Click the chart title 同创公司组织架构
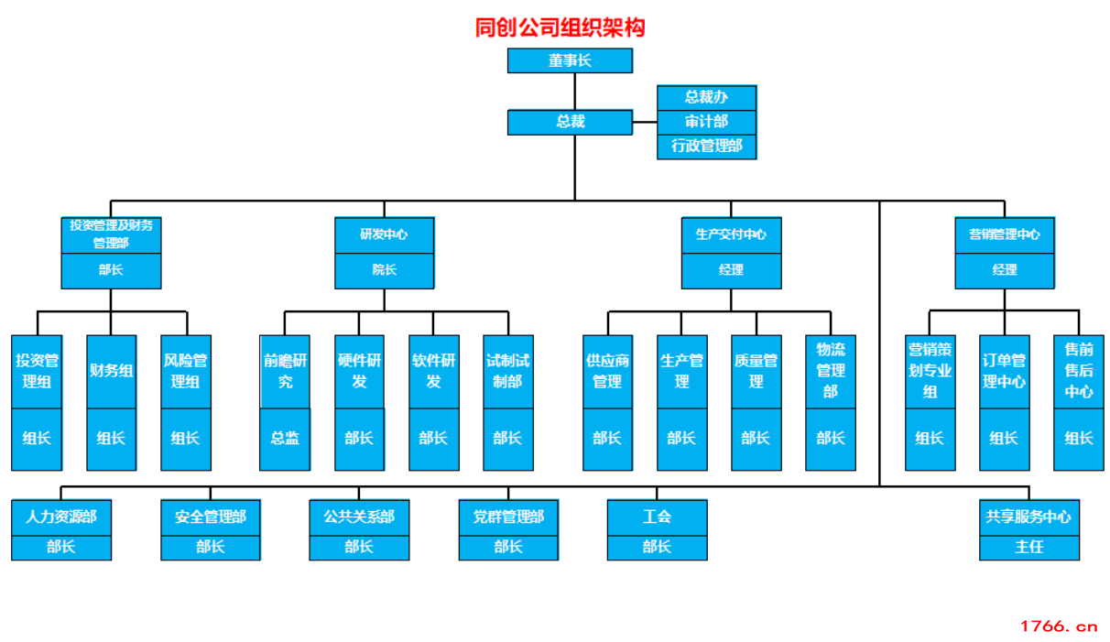click(x=560, y=27)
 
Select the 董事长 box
click(x=570, y=60)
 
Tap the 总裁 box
click(x=570, y=122)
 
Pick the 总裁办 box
click(x=706, y=97)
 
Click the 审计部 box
click(x=706, y=122)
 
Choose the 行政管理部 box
click(x=706, y=147)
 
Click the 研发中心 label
click(x=384, y=234)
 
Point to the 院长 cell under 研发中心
click(x=384, y=270)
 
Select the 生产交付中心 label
click(x=731, y=234)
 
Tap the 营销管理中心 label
click(x=1004, y=234)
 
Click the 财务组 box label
click(x=111, y=371)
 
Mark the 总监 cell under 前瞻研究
click(x=285, y=439)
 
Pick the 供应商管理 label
click(x=607, y=371)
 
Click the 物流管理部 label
click(x=831, y=370)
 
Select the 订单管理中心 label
click(x=1004, y=371)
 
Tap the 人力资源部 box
click(x=61, y=517)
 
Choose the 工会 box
click(x=657, y=517)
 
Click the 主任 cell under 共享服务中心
click(x=1028, y=547)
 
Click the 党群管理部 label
click(x=508, y=517)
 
